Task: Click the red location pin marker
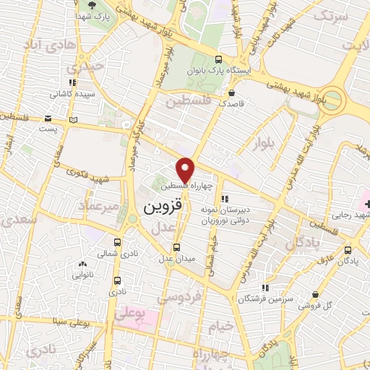pos(186,169)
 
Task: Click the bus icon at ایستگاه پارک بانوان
pos(219,59)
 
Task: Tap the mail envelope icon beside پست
pos(48,119)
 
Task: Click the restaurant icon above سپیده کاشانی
pos(72,82)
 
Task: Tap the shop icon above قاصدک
pos(231,92)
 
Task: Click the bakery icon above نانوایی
pos(82,264)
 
